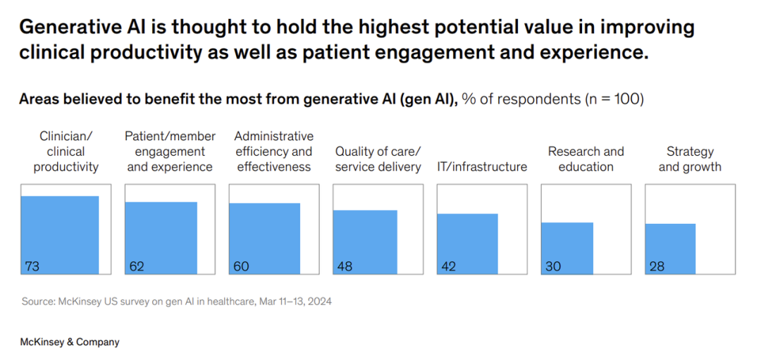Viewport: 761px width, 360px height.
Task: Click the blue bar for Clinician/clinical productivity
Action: tap(60, 235)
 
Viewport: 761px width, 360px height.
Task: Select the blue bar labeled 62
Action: tap(161, 237)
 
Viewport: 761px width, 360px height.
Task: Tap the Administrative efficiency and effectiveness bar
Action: tap(264, 238)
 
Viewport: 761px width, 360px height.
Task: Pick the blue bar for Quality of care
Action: tap(365, 242)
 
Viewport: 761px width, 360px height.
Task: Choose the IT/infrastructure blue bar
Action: tap(467, 244)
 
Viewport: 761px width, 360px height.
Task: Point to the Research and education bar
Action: tap(567, 248)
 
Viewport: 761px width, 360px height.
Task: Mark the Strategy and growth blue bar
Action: tap(670, 249)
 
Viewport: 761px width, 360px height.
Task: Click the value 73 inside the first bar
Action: tap(32, 266)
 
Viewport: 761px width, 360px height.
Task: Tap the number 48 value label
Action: tap(345, 266)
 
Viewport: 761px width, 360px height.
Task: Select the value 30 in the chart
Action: tap(553, 266)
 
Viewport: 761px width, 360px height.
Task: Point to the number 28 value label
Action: tap(657, 266)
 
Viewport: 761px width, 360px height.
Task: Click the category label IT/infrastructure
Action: tap(482, 168)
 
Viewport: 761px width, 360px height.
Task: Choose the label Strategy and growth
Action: tap(690, 160)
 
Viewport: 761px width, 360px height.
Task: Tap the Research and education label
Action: tap(586, 160)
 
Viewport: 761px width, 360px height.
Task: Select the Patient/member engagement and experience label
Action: tap(171, 152)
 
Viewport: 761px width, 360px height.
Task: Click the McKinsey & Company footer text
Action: tap(69, 342)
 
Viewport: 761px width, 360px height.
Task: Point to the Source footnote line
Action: tap(177, 302)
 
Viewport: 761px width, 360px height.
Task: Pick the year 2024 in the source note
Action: tap(321, 302)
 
